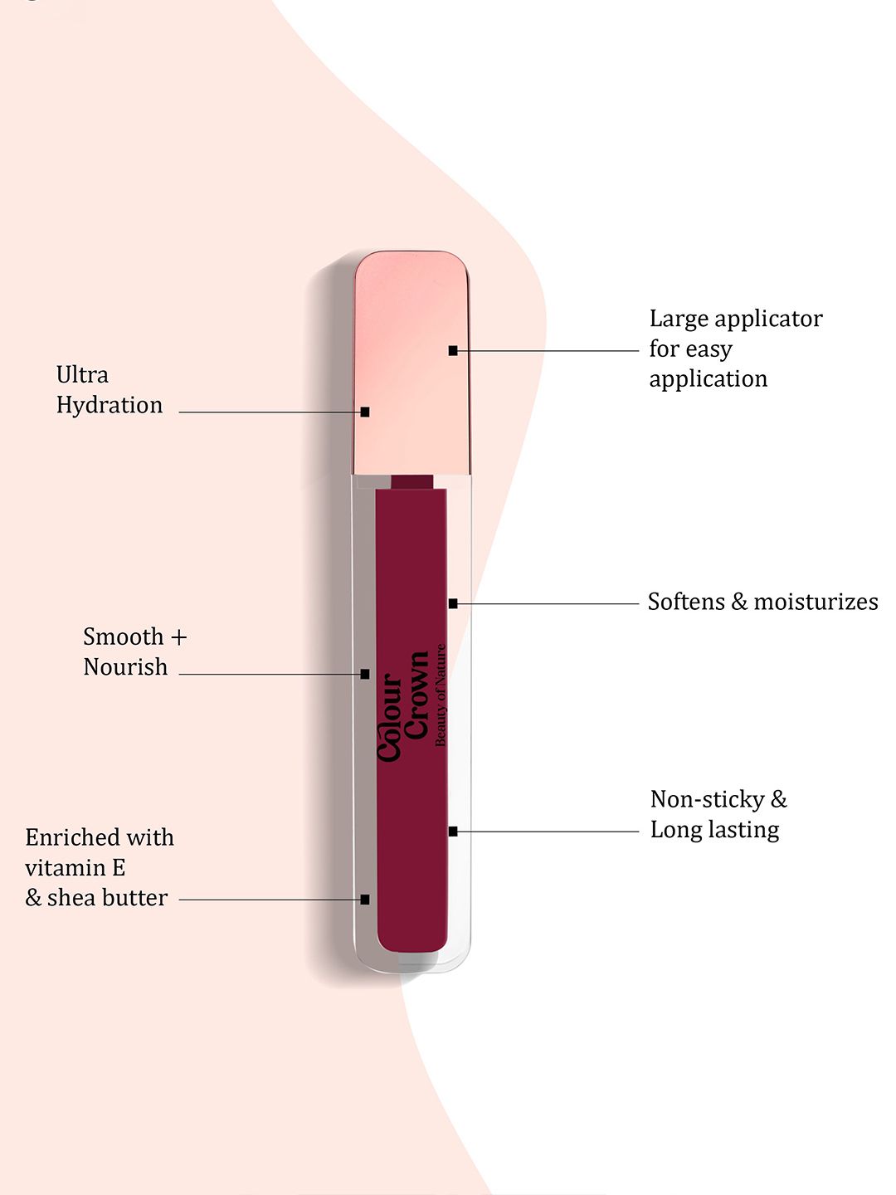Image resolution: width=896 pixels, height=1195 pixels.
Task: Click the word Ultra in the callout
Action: (82, 375)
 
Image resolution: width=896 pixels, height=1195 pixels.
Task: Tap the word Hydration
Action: (110, 406)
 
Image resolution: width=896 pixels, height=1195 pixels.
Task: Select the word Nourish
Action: (125, 667)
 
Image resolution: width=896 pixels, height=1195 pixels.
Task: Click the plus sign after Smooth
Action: (178, 637)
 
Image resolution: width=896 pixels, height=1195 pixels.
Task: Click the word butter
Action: (136, 898)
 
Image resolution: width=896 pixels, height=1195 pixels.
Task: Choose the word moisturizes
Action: (816, 602)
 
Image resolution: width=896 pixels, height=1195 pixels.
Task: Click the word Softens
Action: (686, 602)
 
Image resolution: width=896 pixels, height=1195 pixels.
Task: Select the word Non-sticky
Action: (708, 799)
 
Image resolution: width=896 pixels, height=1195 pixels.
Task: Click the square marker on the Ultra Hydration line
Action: (365, 412)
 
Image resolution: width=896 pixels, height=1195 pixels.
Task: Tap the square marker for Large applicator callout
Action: (453, 351)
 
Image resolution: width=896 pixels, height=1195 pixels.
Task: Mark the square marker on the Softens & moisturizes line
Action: (453, 603)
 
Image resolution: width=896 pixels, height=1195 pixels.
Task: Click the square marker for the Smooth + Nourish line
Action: (365, 674)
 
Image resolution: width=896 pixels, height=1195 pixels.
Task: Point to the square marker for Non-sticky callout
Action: (453, 831)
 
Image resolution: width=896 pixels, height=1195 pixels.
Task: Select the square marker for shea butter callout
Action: (365, 899)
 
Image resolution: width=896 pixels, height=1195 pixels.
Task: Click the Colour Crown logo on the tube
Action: (403, 705)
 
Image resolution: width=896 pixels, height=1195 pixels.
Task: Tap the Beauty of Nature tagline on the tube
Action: (441, 695)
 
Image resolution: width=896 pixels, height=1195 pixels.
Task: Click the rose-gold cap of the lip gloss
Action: (411, 365)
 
